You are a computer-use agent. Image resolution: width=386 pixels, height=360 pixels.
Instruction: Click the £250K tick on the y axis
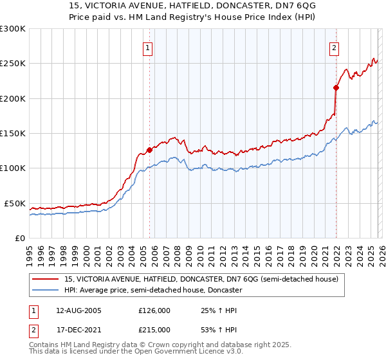(x=13, y=64)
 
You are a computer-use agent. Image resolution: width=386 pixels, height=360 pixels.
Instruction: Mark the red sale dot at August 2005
(x=149, y=150)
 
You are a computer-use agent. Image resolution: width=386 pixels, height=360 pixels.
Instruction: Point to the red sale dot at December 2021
(x=336, y=87)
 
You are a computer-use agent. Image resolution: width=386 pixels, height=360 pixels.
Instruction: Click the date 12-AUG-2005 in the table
(x=79, y=310)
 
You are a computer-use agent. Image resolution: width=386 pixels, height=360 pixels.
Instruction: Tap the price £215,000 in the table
(x=154, y=330)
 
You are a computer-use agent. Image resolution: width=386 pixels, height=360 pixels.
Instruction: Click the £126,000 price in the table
(x=154, y=310)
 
